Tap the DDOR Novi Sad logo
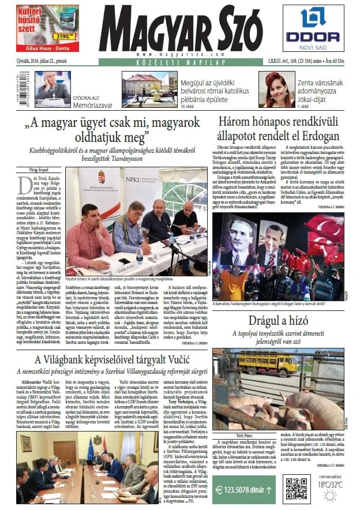click(x=320, y=28)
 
